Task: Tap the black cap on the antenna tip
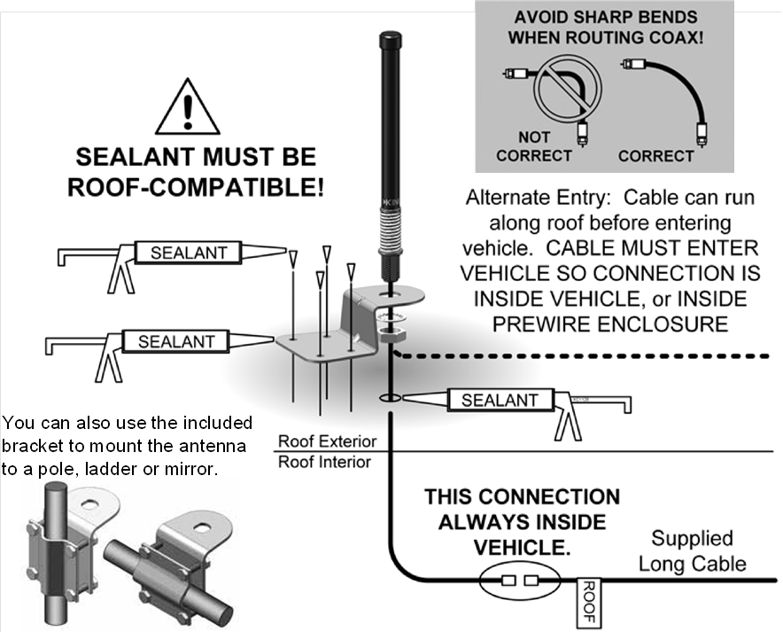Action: (x=390, y=41)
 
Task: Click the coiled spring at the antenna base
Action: (x=389, y=234)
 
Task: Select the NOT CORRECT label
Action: (x=533, y=146)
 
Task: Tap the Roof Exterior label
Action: (x=327, y=441)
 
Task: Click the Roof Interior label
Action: (x=324, y=462)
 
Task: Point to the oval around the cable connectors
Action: (x=519, y=581)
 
